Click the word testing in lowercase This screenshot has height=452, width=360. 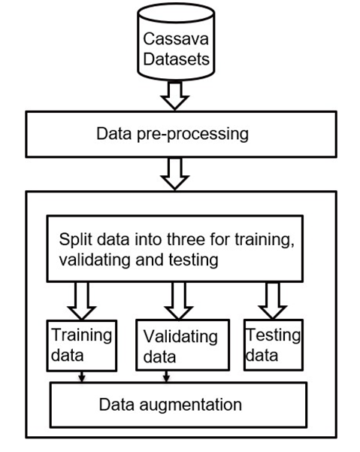point(197,260)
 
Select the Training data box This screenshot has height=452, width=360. point(80,346)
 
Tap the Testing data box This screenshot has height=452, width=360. point(271,344)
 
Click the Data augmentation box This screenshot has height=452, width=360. point(178,405)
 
